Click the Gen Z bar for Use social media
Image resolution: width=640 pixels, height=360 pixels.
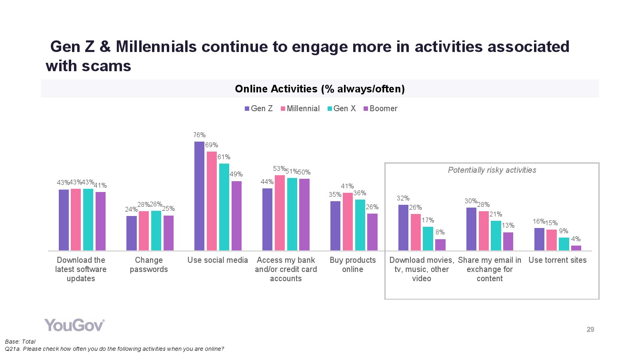pos(199,196)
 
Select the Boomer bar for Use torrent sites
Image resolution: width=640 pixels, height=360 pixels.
pos(576,248)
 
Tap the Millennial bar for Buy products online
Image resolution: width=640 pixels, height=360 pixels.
pos(348,222)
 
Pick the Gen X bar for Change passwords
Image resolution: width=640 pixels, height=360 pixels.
pos(156,231)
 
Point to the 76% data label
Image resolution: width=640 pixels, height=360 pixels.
pos(199,135)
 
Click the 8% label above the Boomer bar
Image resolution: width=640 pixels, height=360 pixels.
pos(440,232)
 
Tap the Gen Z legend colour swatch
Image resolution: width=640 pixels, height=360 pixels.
pos(247,109)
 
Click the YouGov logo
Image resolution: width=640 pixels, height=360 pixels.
pos(74,325)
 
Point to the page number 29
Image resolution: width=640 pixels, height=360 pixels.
pos(590,330)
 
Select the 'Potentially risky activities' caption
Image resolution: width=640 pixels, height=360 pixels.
pos(492,170)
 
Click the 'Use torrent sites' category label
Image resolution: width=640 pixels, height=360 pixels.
pos(557,260)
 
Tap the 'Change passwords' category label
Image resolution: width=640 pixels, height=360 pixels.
pos(148,265)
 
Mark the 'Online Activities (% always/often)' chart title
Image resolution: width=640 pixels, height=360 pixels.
pos(320,89)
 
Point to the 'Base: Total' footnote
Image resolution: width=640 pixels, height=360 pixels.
pos(20,342)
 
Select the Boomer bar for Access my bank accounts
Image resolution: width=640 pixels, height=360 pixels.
pos(304,214)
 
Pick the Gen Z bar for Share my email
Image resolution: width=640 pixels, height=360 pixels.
pos(471,229)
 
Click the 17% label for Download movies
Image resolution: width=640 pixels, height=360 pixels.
pos(428,220)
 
